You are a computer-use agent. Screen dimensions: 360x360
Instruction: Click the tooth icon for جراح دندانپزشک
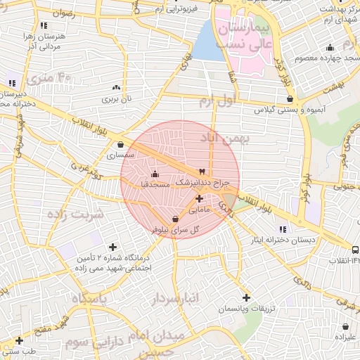click(202, 172)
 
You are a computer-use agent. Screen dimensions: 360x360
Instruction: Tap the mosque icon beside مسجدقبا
click(155, 174)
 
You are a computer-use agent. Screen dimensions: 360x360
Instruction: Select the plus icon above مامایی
click(199, 199)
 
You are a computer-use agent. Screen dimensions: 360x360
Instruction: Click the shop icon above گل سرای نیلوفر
click(175, 219)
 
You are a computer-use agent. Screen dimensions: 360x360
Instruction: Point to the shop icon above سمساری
click(121, 146)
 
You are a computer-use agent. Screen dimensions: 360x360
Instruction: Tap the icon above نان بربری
click(116, 88)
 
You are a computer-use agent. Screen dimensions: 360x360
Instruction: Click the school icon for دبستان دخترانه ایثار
click(283, 229)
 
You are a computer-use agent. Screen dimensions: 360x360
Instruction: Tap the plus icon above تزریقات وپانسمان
click(245, 297)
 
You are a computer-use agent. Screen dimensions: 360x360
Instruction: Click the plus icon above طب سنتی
click(19, 340)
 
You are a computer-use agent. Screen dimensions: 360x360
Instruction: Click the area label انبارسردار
click(175, 299)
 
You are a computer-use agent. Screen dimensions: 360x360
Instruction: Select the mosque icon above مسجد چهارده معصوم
click(329, 48)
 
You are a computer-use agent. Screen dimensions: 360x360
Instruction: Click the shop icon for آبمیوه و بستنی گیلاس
click(290, 100)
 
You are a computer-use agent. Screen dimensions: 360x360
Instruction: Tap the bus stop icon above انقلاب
click(354, 250)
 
